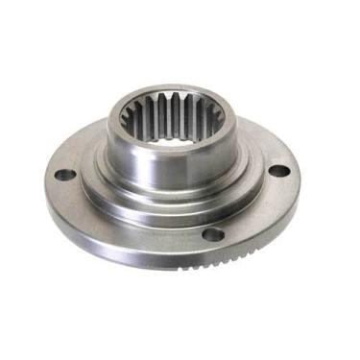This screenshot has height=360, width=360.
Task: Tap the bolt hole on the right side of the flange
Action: point(277,171)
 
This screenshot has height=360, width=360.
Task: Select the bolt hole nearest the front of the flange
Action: point(215,233)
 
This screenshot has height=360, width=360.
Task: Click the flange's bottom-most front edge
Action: point(173,265)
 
